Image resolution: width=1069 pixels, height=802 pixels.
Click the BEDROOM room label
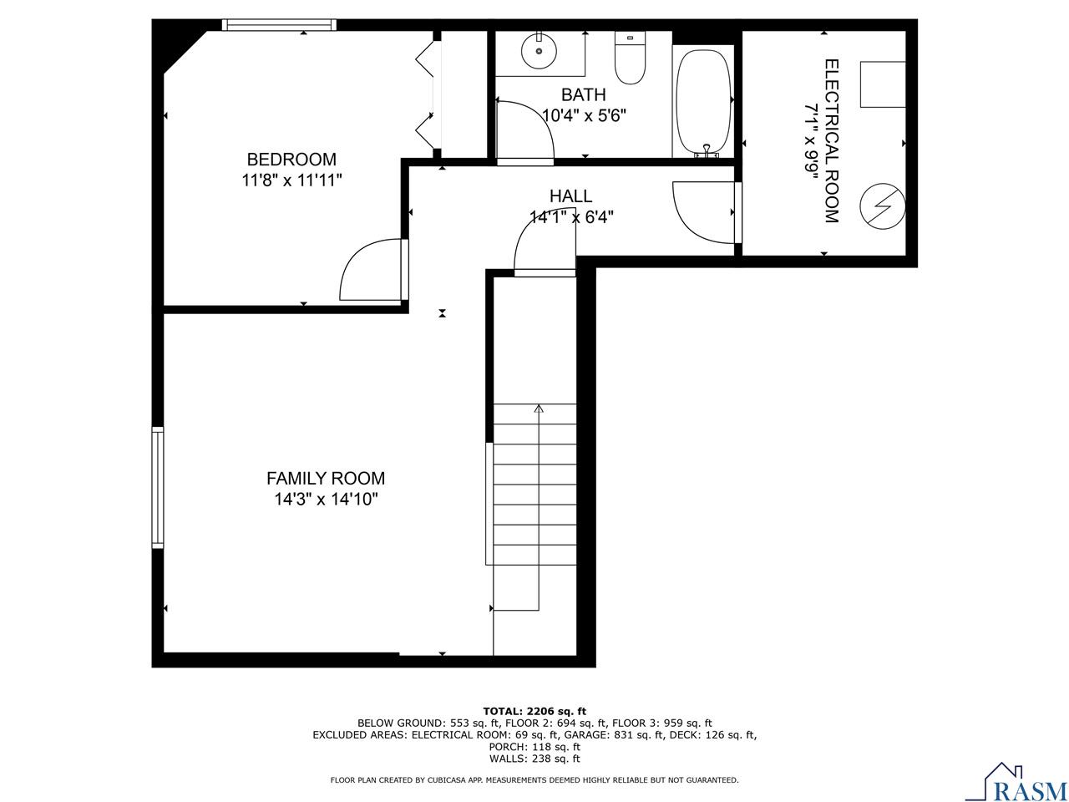pyautogui.click(x=291, y=159)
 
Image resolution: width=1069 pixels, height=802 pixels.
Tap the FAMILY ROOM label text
pyautogui.click(x=326, y=478)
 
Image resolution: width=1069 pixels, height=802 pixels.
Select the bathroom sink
pyautogui.click(x=539, y=53)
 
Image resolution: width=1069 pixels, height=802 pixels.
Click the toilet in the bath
pyautogui.click(x=630, y=58)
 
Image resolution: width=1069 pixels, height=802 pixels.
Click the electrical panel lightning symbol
pyautogui.click(x=884, y=205)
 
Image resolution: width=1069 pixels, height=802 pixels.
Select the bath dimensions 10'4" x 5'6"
pyautogui.click(x=584, y=115)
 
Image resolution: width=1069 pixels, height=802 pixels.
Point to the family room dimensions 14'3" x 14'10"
pyautogui.click(x=326, y=500)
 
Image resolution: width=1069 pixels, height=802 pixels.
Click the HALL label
pyautogui.click(x=570, y=196)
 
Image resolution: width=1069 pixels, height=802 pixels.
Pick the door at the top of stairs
pyautogui.click(x=545, y=250)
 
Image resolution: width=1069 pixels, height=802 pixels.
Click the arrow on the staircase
pyautogui.click(x=539, y=409)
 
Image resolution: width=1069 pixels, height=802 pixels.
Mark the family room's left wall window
pyautogui.click(x=157, y=487)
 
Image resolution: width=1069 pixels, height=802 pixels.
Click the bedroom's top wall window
pyautogui.click(x=279, y=25)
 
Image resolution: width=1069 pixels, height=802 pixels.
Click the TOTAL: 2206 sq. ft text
pyautogui.click(x=534, y=710)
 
